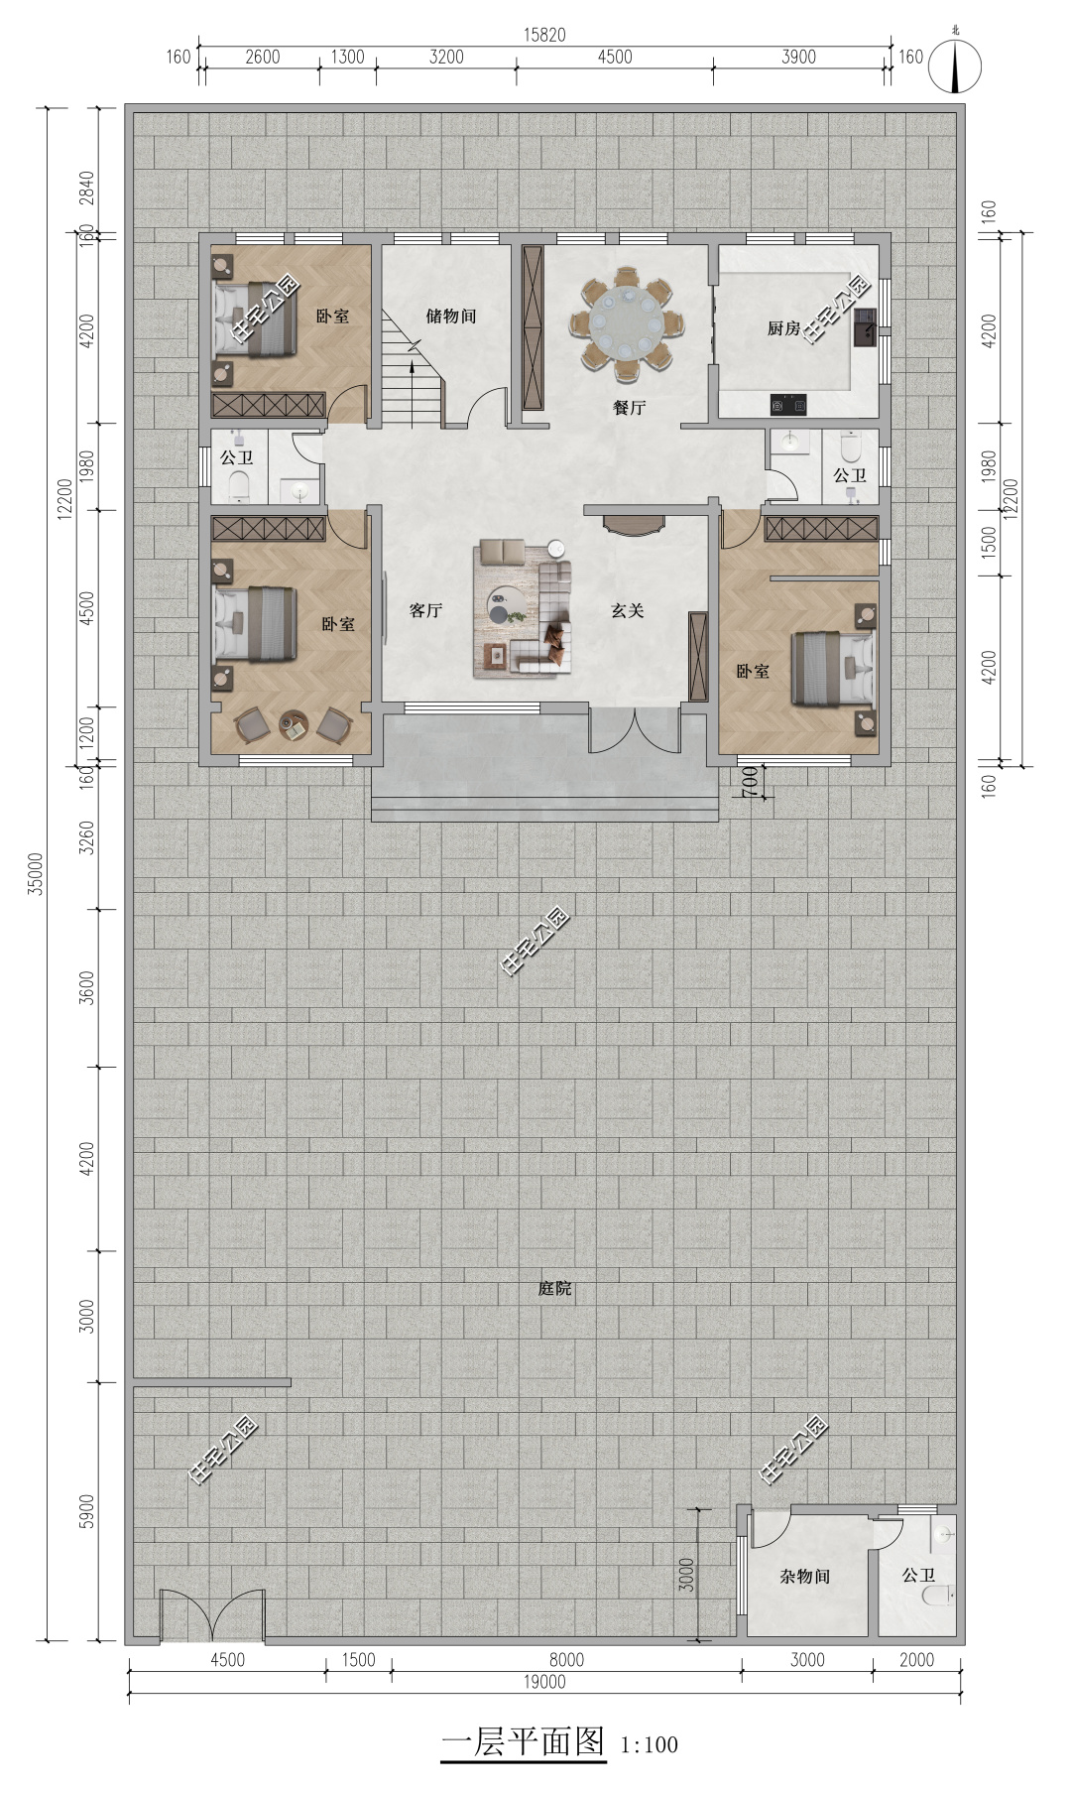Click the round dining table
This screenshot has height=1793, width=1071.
point(627,322)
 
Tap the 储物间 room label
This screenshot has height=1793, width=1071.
point(451,316)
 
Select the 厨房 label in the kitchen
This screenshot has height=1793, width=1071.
point(783,327)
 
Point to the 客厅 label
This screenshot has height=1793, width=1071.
point(425,610)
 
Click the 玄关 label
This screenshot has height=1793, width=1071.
point(628,610)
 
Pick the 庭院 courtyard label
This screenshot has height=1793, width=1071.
point(555,1288)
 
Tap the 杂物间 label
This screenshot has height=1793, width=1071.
point(804,1575)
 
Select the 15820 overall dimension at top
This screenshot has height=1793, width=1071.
point(544,35)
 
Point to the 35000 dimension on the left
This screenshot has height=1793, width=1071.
point(36,873)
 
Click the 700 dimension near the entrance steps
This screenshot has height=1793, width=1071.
point(751,781)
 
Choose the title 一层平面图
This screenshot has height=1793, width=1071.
point(523,1741)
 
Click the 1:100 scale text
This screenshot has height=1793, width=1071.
point(650,1743)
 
